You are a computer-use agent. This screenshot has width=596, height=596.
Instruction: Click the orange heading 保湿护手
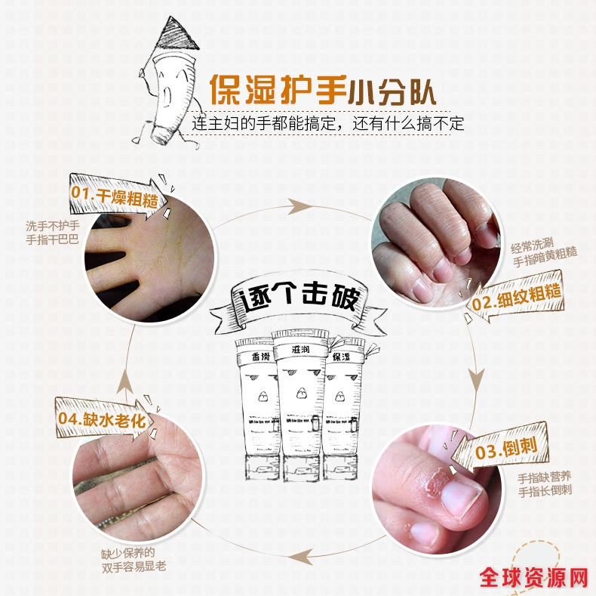coord(278,90)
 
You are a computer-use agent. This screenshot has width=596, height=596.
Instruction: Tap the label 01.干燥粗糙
coord(115,197)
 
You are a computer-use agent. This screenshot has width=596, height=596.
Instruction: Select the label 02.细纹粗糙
coord(516,298)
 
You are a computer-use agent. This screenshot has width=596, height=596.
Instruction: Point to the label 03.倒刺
coord(506,449)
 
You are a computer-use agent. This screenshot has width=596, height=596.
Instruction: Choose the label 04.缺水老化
coord(102,419)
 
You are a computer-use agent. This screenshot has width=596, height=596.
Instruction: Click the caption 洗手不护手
coord(53,226)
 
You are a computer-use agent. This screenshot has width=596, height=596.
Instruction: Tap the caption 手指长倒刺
coord(545,490)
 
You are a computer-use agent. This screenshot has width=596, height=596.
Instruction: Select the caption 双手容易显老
coord(134,567)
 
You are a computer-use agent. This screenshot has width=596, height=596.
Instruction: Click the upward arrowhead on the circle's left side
coord(124,381)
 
